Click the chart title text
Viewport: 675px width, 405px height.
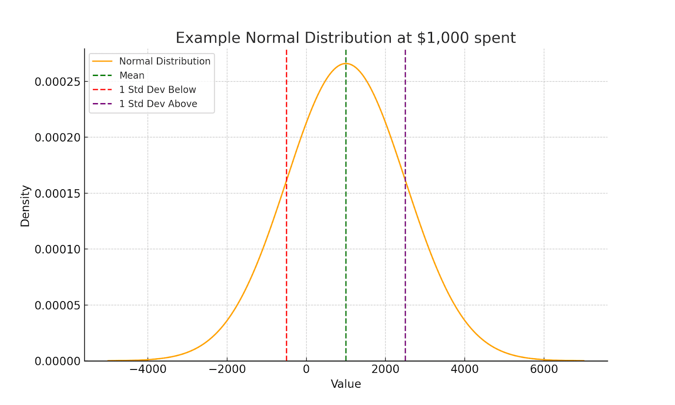click(x=346, y=38)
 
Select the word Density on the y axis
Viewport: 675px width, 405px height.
click(x=25, y=206)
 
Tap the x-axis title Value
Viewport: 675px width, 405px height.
click(x=346, y=384)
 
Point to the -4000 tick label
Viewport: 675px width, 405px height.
click(x=148, y=370)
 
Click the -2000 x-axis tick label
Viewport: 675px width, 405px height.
click(x=227, y=370)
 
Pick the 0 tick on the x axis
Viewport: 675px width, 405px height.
click(x=306, y=370)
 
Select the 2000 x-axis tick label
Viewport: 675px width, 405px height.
click(x=385, y=370)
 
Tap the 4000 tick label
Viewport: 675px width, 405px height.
click(x=464, y=370)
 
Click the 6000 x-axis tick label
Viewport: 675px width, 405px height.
click(x=544, y=370)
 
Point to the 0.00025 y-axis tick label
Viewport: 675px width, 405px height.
click(x=57, y=82)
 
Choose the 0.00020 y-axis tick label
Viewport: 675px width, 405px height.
click(x=57, y=138)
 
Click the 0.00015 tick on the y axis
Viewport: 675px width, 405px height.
click(x=57, y=193)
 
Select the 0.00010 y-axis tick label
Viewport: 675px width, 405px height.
click(x=57, y=250)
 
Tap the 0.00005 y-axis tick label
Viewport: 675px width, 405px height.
click(x=57, y=305)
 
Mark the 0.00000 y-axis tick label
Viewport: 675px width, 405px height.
click(x=57, y=362)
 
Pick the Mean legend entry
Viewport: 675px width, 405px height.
click(x=132, y=76)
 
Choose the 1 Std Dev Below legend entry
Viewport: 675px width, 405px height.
click(x=157, y=90)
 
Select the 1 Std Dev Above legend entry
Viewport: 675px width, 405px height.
click(x=158, y=104)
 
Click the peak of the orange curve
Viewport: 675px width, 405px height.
click(x=346, y=63)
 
